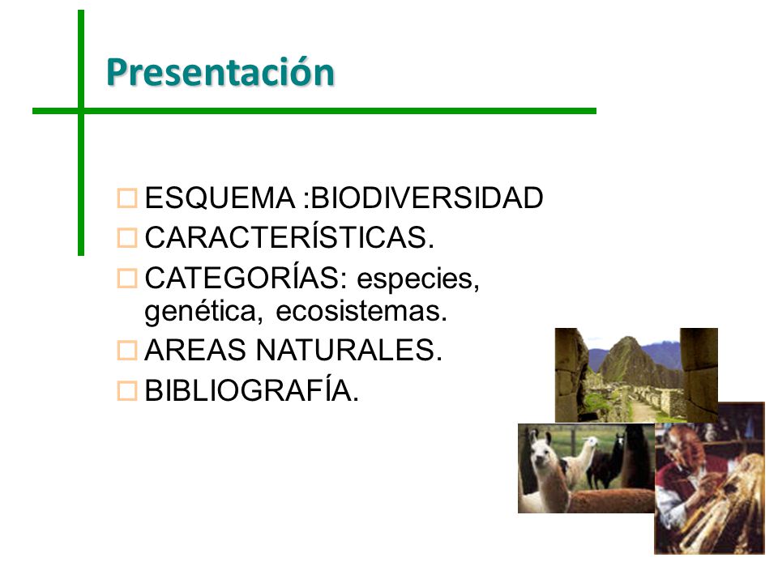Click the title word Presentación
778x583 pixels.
click(x=220, y=72)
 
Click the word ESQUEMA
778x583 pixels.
click(x=220, y=198)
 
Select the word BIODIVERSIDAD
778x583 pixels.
click(x=427, y=198)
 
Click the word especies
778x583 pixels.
click(x=418, y=280)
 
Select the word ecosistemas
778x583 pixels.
click(x=361, y=312)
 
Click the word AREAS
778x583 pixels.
click(x=195, y=350)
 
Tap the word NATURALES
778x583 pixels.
click(x=348, y=350)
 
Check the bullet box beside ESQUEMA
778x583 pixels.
click(x=127, y=198)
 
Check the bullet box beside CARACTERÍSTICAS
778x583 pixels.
click(x=127, y=238)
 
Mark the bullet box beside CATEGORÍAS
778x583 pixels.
click(x=127, y=279)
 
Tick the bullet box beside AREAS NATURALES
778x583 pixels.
click(x=127, y=351)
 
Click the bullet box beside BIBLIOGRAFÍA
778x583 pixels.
click(x=127, y=390)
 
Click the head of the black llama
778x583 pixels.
click(x=618, y=440)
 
